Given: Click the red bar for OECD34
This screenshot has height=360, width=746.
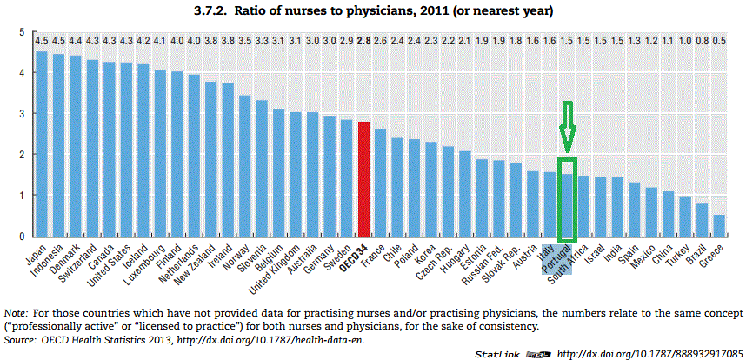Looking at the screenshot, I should (x=363, y=178).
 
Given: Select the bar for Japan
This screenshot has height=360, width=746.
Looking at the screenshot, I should (x=41, y=143).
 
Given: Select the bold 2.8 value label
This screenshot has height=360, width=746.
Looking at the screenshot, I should (x=363, y=41).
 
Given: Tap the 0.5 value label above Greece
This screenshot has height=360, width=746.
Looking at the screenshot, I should (x=719, y=41).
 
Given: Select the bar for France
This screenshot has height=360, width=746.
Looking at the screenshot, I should (x=380, y=183).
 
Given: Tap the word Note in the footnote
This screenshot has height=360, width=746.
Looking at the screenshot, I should (x=15, y=311).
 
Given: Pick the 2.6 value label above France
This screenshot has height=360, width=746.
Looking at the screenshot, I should (x=380, y=41).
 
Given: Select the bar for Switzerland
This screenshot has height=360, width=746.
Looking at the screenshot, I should (x=91, y=148).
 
